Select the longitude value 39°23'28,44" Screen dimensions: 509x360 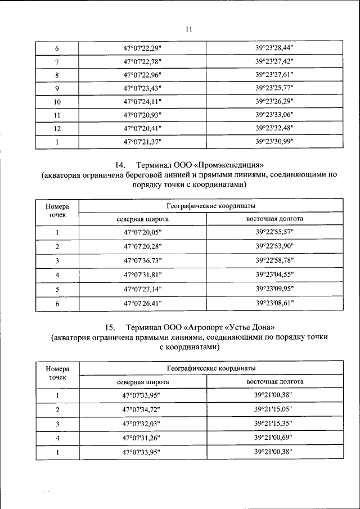tap(274, 48)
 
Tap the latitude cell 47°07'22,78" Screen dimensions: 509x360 tap(143, 61)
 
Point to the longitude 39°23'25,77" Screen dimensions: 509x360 tap(274, 88)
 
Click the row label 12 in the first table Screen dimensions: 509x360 tap(57, 128)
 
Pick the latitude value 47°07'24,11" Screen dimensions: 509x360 tap(143, 101)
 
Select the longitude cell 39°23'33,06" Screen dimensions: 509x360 tap(274, 115)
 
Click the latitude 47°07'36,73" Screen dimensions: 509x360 tap(143, 261)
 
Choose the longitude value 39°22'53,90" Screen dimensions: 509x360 tap(274, 247)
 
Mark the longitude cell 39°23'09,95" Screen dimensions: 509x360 tap(274, 289)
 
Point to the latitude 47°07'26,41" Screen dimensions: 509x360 tap(143, 303)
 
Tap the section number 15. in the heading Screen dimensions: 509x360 tap(110, 327)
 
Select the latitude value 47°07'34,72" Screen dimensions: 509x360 tap(143, 409)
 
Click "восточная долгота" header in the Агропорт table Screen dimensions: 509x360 tap(275, 381)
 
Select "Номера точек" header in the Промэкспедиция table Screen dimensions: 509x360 tap(57, 210)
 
